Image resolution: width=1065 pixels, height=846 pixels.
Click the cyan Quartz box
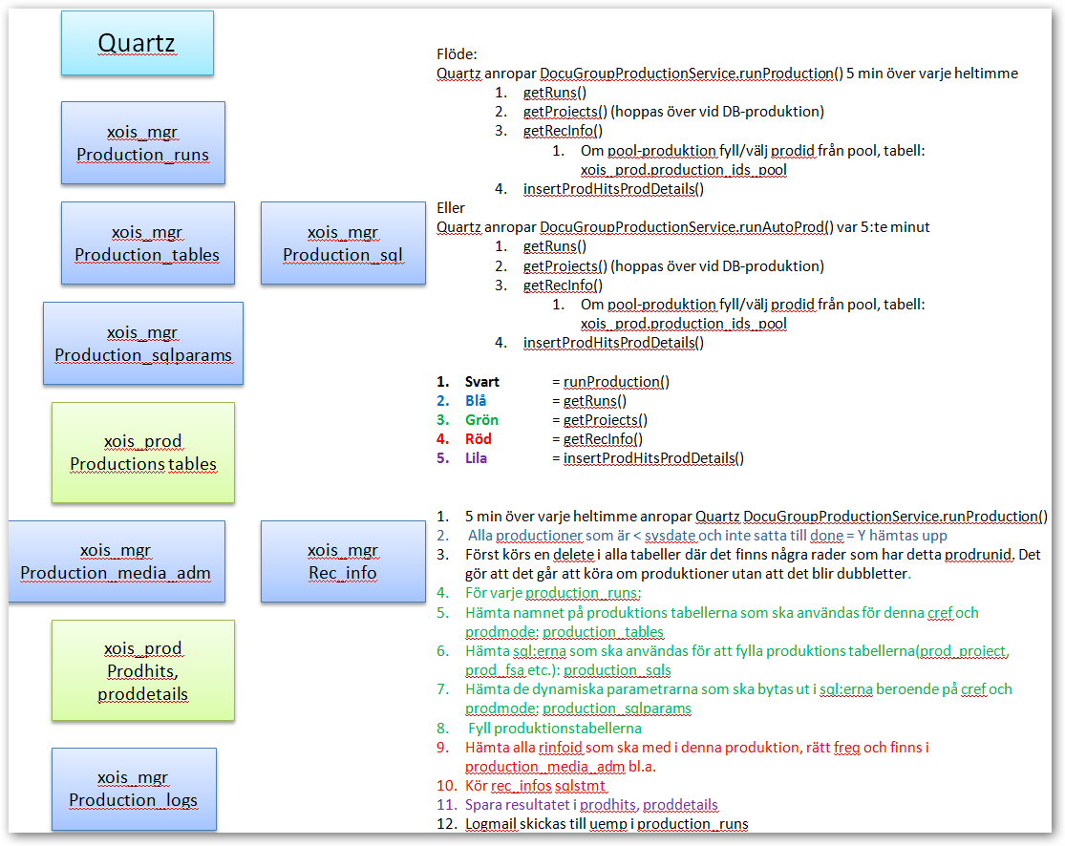click(x=138, y=44)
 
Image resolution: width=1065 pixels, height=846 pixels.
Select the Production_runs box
click(x=142, y=143)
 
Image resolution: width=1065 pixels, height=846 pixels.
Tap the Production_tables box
click(x=147, y=243)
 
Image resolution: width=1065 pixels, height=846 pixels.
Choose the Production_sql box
click(x=343, y=243)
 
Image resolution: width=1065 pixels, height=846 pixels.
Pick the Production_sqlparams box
click(x=143, y=344)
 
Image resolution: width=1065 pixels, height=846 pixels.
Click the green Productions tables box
click(x=143, y=453)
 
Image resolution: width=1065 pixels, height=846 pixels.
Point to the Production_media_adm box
click(x=117, y=561)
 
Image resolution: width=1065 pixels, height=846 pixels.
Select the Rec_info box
click(x=343, y=561)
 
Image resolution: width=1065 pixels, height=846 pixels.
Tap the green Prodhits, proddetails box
click(x=143, y=670)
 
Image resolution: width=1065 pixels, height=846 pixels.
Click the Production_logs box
click(x=134, y=789)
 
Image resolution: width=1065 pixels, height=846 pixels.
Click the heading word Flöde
click(x=456, y=54)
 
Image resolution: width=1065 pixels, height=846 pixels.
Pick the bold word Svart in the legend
click(x=482, y=382)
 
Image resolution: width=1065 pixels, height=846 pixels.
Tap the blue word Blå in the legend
click(x=476, y=401)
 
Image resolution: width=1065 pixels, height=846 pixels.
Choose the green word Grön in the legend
click(x=481, y=420)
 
